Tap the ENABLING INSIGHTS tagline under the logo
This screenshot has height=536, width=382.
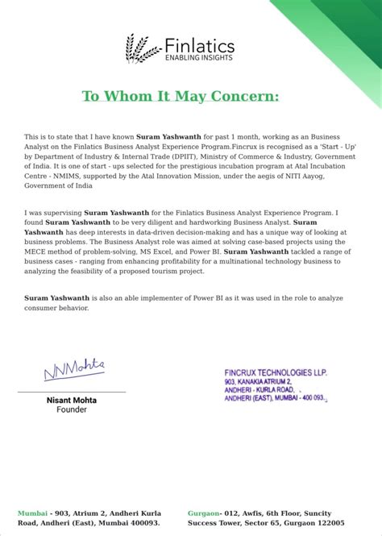coord(199,57)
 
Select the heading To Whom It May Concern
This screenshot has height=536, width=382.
coord(191,97)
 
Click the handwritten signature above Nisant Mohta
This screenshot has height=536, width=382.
coord(74,370)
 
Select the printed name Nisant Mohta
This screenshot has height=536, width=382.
coord(71,399)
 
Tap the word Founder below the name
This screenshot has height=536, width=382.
coord(71,409)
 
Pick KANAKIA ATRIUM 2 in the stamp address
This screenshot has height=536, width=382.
coord(261,380)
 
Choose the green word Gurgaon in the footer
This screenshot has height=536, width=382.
coord(204,513)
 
